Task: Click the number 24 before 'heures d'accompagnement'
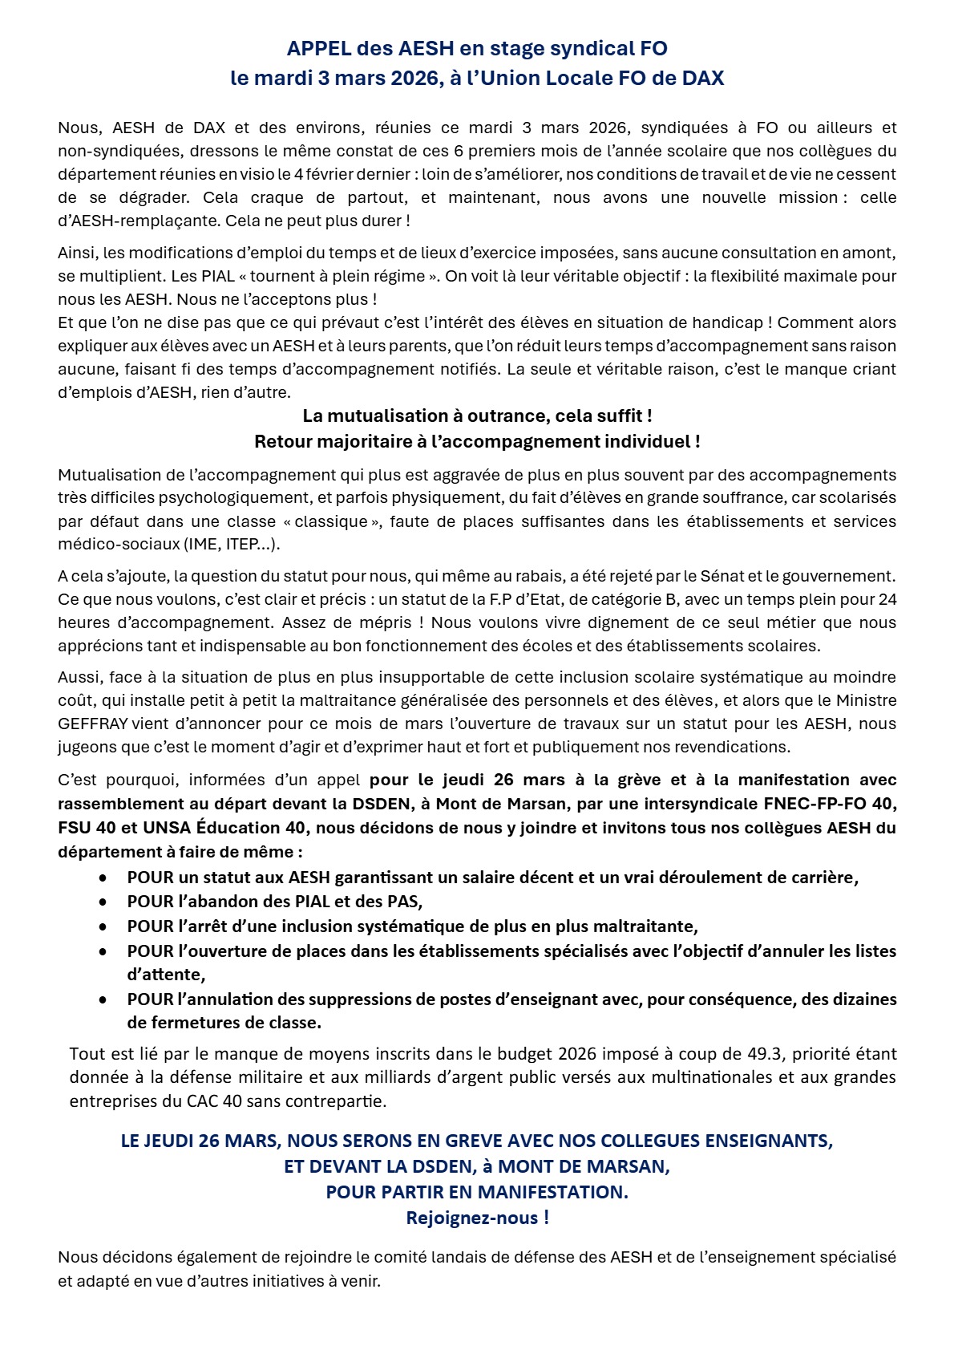[x=887, y=599]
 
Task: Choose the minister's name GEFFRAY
[x=93, y=724]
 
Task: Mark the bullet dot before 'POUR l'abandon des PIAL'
[x=103, y=902]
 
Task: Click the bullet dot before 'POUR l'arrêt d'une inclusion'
[x=103, y=926]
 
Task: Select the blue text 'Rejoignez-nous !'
[x=477, y=1218]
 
